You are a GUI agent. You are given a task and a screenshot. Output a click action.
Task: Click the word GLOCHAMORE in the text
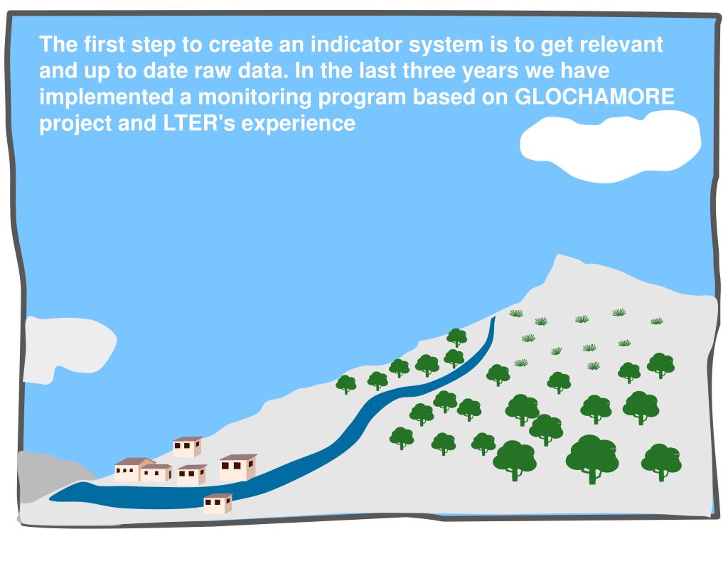pos(594,97)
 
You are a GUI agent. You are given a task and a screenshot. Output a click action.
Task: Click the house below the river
pos(218,503)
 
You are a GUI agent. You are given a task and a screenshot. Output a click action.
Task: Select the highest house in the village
pos(188,447)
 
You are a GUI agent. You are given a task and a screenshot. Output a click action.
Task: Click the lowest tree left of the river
pos(346,384)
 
